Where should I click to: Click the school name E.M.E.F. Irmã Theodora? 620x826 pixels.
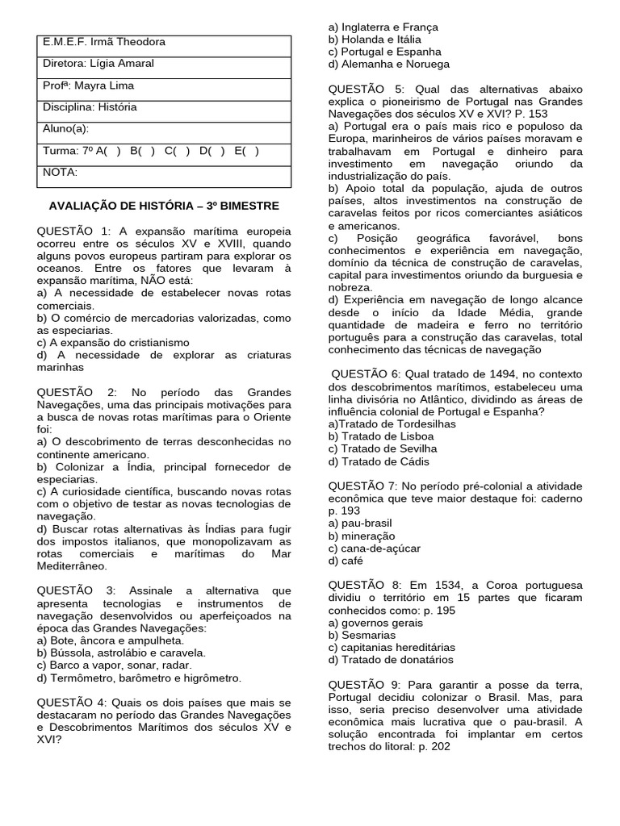[104, 42]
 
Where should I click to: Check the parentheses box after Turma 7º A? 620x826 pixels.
[114, 151]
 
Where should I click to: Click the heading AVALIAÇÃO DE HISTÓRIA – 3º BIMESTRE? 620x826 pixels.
[164, 206]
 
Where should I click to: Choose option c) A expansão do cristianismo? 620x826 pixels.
[113, 342]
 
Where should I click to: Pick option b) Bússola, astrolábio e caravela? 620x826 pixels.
[121, 653]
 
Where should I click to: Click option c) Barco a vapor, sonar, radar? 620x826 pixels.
[114, 665]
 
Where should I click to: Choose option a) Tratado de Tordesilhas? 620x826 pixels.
[392, 423]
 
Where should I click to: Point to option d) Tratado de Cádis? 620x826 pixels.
[379, 461]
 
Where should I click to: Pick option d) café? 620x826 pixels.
[346, 561]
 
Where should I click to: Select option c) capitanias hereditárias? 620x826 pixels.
[392, 647]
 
